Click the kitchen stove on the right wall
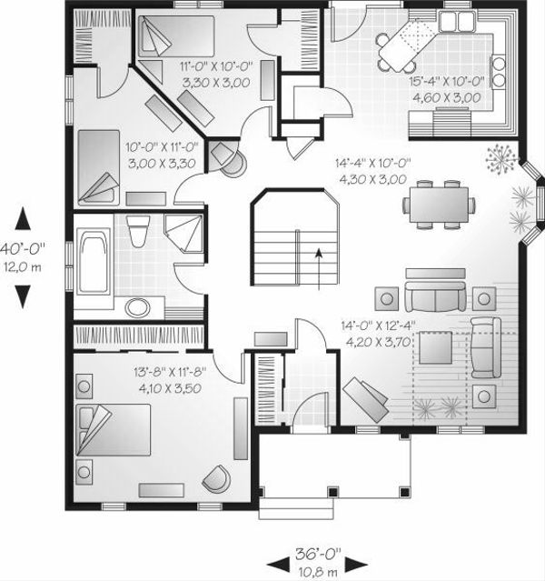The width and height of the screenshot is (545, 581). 499,69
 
